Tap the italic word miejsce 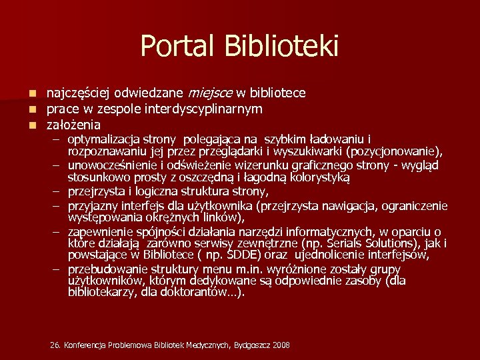tap(211, 93)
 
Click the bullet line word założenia tap(73, 125)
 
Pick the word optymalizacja tap(103, 139)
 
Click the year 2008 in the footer tap(281, 345)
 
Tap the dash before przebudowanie tap(59, 269)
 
